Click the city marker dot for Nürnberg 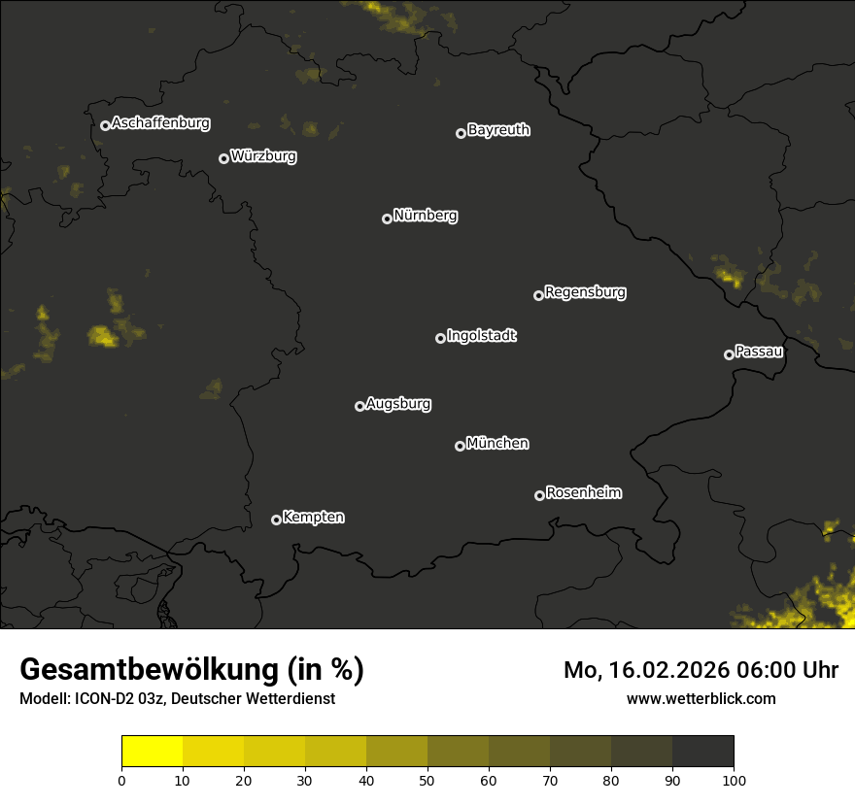pos(387,218)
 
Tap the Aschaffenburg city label pos(160,123)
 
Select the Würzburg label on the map pos(263,156)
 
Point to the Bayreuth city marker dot pos(461,133)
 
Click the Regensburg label pos(585,291)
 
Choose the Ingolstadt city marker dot pos(440,338)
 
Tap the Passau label pos(759,352)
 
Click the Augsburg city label pos(398,404)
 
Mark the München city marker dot pos(460,446)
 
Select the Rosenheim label pos(583,492)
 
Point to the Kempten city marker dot pos(276,520)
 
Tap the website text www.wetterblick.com pos(701,699)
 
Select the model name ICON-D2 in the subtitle pos(101,699)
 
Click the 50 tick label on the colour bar pos(427,780)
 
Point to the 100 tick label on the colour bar pos(734,780)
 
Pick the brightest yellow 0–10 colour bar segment pos(153,751)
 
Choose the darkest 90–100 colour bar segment pos(702,751)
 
